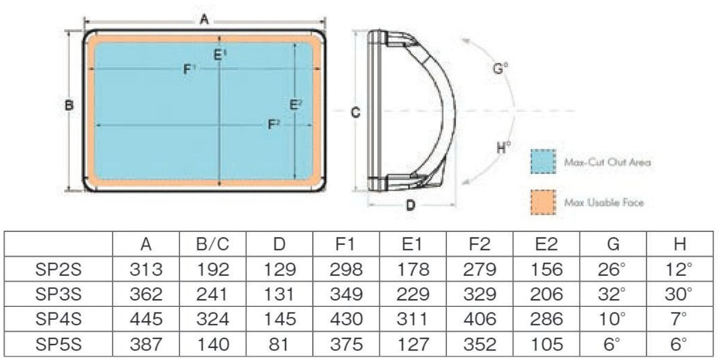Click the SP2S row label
click(x=58, y=270)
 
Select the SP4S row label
click(x=58, y=319)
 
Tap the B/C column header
click(x=212, y=245)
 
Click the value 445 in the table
click(x=146, y=319)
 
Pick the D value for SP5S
click(x=279, y=344)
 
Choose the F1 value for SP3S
click(x=346, y=294)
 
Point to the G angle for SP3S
click(x=611, y=294)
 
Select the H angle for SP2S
click(x=679, y=270)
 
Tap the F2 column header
click(x=479, y=245)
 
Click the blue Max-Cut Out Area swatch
click(x=543, y=161)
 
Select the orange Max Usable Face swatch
click(x=543, y=202)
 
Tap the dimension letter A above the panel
click(x=204, y=20)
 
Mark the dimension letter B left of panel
click(x=69, y=106)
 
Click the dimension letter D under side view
click(x=410, y=205)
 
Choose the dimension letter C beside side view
click(x=354, y=112)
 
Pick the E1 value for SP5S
click(x=413, y=344)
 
